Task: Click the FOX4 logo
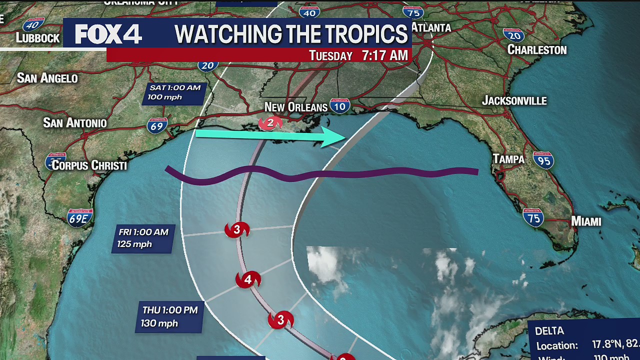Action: click(x=108, y=34)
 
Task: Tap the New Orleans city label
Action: click(x=295, y=107)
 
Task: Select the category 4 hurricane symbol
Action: click(x=248, y=280)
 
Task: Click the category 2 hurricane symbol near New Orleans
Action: click(x=270, y=122)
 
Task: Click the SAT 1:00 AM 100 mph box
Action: click(x=175, y=92)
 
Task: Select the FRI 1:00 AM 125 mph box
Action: click(x=143, y=238)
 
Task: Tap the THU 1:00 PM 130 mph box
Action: click(x=170, y=317)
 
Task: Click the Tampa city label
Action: click(x=508, y=159)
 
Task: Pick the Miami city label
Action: click(x=586, y=221)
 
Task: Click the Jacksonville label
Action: click(x=514, y=100)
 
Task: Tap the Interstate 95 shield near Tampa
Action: click(x=543, y=160)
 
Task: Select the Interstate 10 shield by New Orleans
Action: click(x=339, y=106)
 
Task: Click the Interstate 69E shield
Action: click(x=80, y=218)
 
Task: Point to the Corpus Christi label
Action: click(x=89, y=165)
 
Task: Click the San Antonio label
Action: click(x=75, y=123)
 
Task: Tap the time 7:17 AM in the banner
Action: click(x=385, y=55)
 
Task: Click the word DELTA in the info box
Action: click(x=549, y=331)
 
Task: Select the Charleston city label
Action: click(x=537, y=49)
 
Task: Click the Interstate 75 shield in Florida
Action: click(x=533, y=218)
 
